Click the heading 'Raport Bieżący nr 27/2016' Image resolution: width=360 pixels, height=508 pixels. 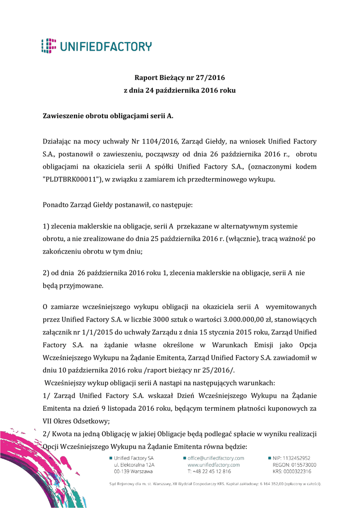tap(179, 78)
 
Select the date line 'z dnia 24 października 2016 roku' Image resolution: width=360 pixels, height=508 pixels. tap(179, 91)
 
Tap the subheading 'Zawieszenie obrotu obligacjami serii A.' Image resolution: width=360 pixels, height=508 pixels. tap(108, 116)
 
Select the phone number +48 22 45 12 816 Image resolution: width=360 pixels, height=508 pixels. tap(212, 471)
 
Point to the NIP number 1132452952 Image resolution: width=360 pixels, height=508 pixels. tap(297, 458)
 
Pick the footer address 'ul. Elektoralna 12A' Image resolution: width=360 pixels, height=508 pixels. tap(135, 465)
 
